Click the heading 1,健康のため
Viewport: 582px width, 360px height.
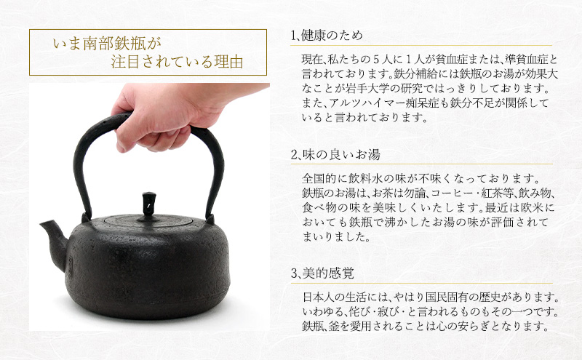coord(326,36)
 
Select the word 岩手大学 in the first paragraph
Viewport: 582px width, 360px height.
coord(409,89)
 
